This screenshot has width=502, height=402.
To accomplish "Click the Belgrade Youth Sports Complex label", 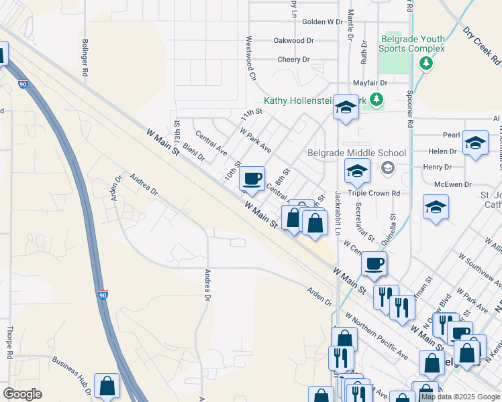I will [411, 44].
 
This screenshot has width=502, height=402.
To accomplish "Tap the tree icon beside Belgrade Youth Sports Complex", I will [425, 63].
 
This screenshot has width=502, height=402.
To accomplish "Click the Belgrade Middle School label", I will [356, 153].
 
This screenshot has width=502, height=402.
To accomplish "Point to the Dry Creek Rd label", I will [482, 45].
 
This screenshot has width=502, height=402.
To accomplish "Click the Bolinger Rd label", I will [85, 60].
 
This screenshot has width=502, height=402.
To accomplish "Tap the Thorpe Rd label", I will [10, 344].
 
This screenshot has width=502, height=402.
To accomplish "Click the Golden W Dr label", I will [323, 22].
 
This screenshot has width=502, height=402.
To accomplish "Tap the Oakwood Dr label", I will [293, 41].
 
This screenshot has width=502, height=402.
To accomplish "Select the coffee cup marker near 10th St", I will [252, 178].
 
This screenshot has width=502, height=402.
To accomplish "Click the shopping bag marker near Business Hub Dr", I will [107, 385].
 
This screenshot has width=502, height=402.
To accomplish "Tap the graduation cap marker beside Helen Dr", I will [475, 142].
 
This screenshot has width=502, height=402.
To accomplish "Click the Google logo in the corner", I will [22, 394].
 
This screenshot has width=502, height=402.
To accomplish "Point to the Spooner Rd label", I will [409, 107].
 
